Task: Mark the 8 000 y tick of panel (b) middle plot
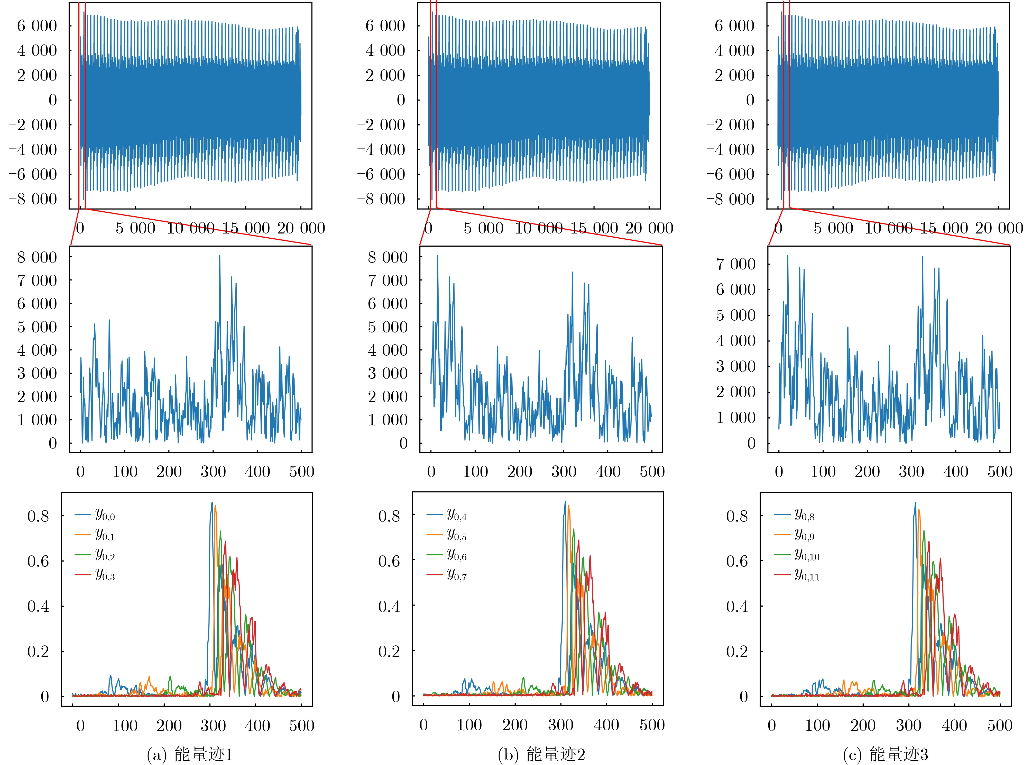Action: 387,257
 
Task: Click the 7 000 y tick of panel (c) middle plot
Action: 735,264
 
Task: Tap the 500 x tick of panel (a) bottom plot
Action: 301,725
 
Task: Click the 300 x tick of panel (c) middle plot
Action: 911,471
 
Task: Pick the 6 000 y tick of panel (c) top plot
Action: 734,25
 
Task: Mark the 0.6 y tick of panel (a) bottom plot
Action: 38,561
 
